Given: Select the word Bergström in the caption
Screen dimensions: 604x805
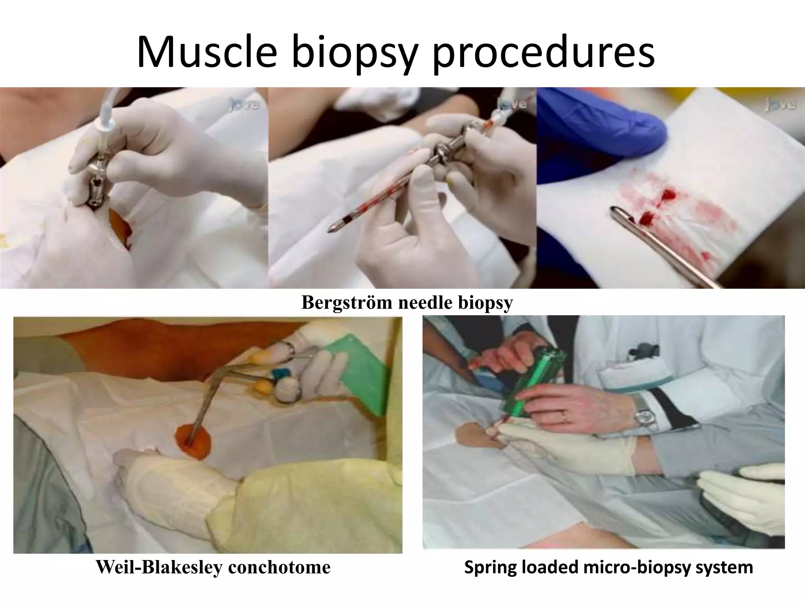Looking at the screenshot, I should (346, 302).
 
